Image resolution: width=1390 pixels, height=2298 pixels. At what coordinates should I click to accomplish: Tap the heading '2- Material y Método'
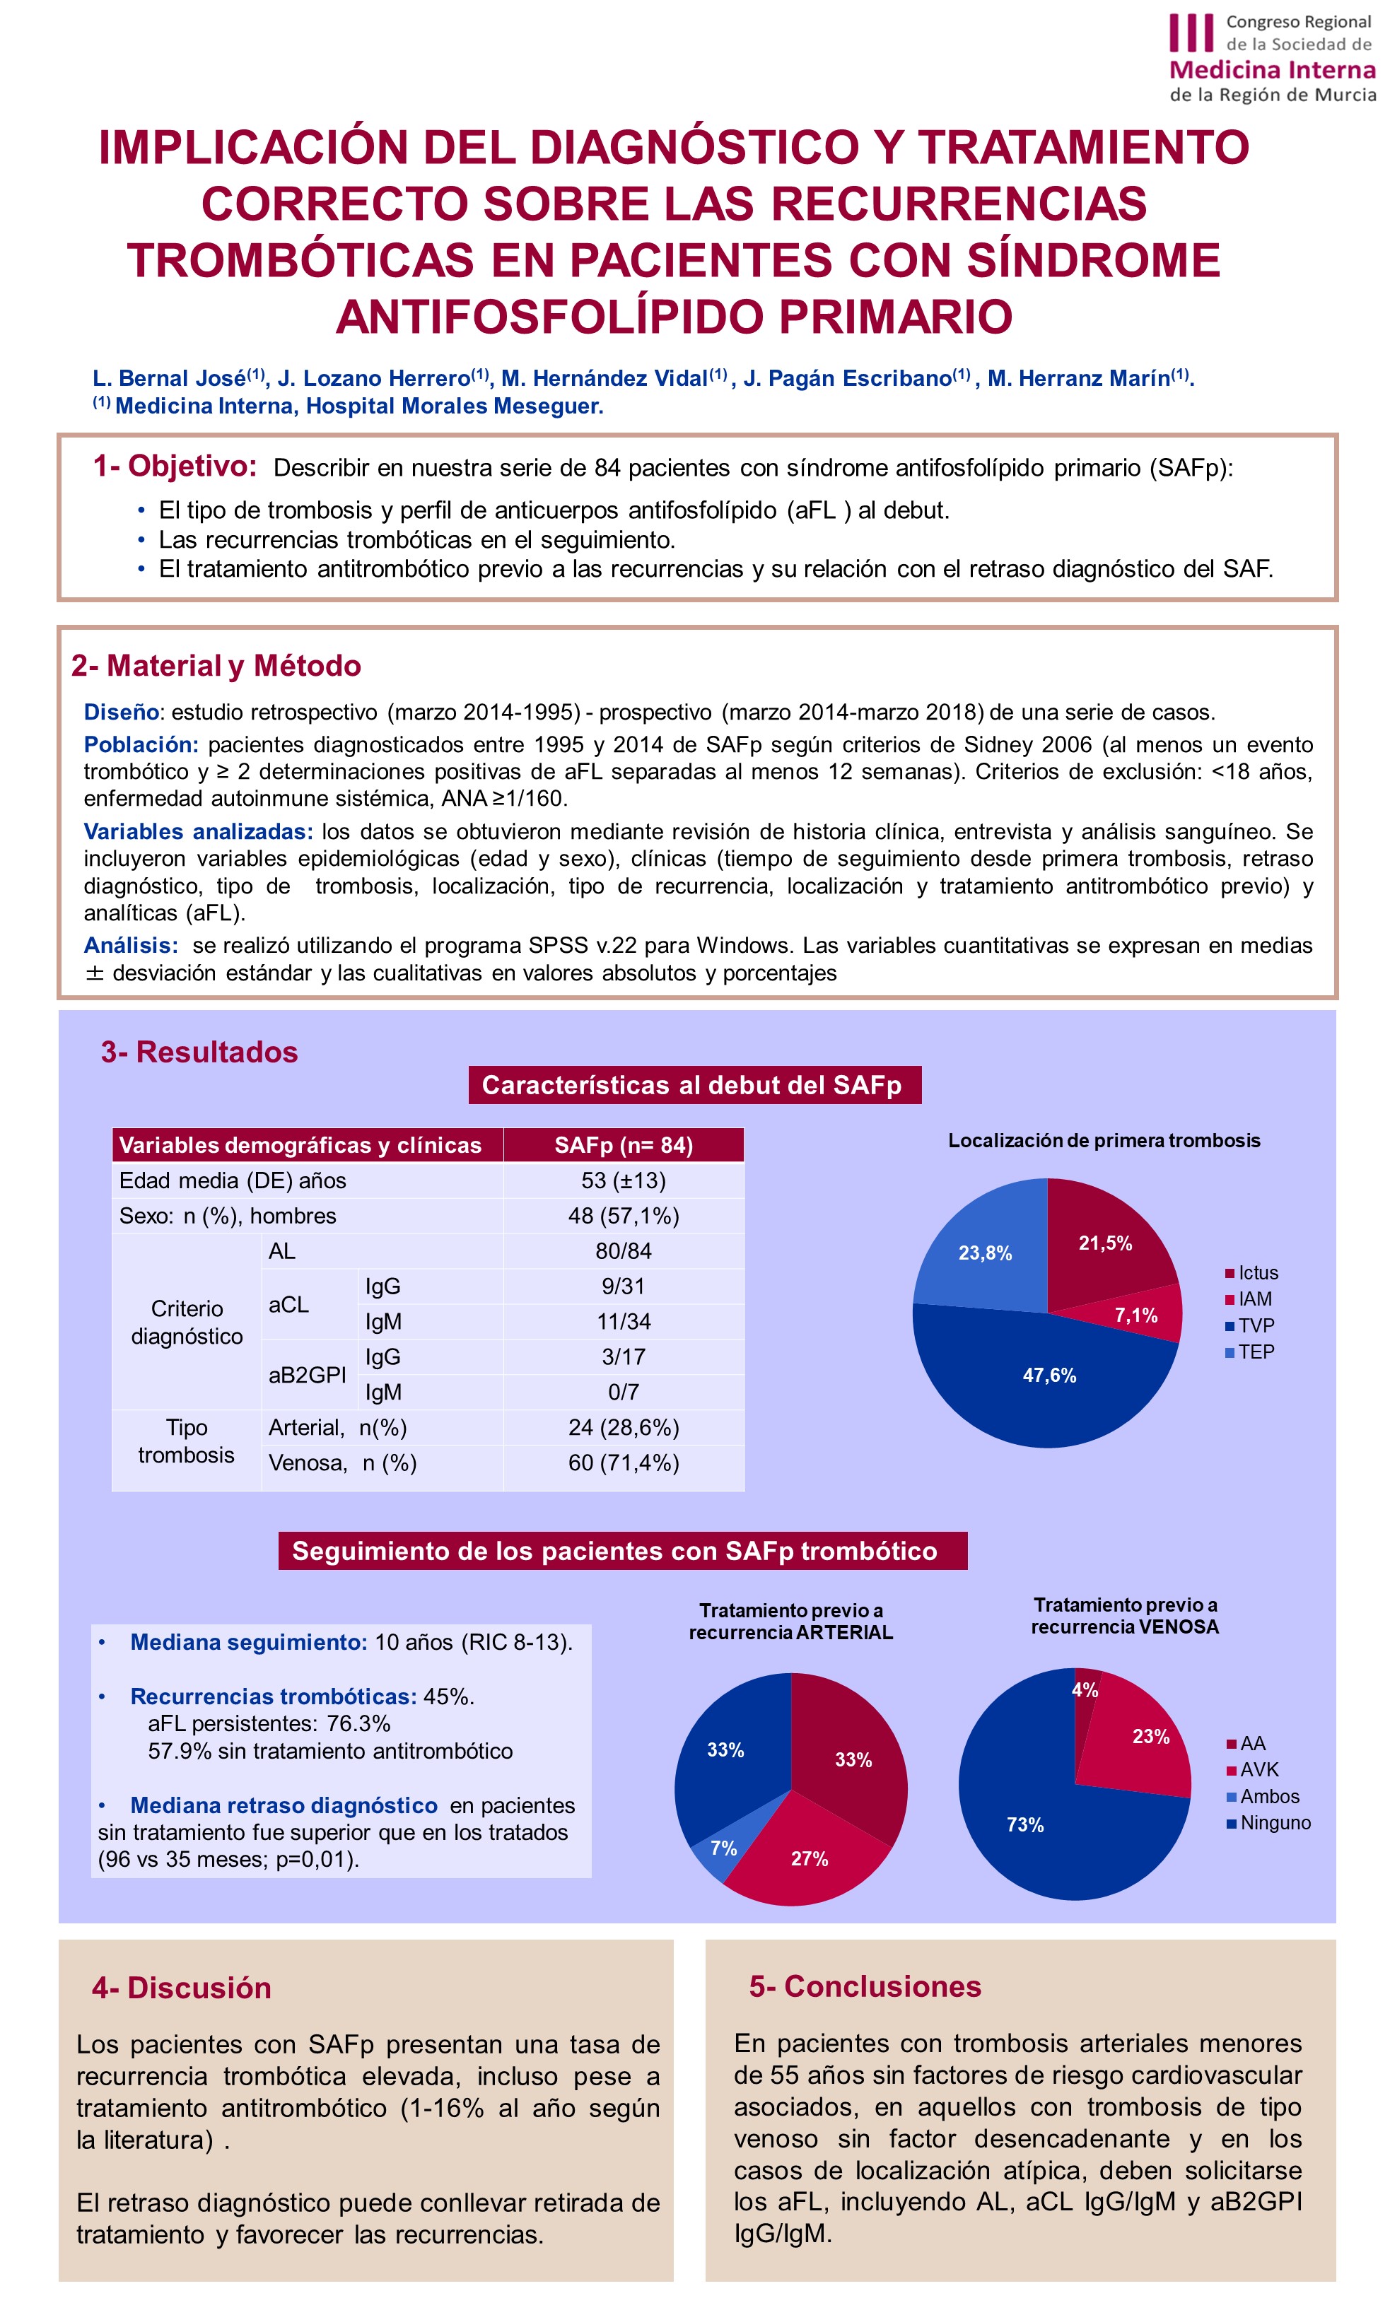coord(216,666)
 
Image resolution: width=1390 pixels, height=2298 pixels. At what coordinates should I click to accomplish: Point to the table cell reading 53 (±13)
coord(623,1180)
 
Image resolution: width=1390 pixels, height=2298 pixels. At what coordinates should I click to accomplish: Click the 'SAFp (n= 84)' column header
coord(623,1145)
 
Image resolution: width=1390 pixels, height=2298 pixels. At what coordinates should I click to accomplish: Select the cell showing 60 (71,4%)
coord(623,1462)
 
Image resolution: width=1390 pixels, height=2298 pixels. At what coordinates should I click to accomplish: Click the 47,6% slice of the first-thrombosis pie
coord(1049,1376)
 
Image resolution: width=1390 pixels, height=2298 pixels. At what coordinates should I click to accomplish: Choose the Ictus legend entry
coord(1252,1273)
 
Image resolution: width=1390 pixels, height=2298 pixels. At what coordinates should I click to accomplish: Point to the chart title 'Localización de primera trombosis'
coord(1104,1141)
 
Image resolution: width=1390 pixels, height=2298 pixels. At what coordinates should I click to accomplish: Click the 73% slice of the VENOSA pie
coord(1024,1824)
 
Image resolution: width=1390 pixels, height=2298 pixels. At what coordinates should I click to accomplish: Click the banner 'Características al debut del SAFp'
coord(694,1086)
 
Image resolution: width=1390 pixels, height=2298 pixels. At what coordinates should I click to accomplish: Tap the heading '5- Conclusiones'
coord(865,1986)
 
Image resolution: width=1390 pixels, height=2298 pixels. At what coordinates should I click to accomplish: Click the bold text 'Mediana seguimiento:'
coord(248,1642)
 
